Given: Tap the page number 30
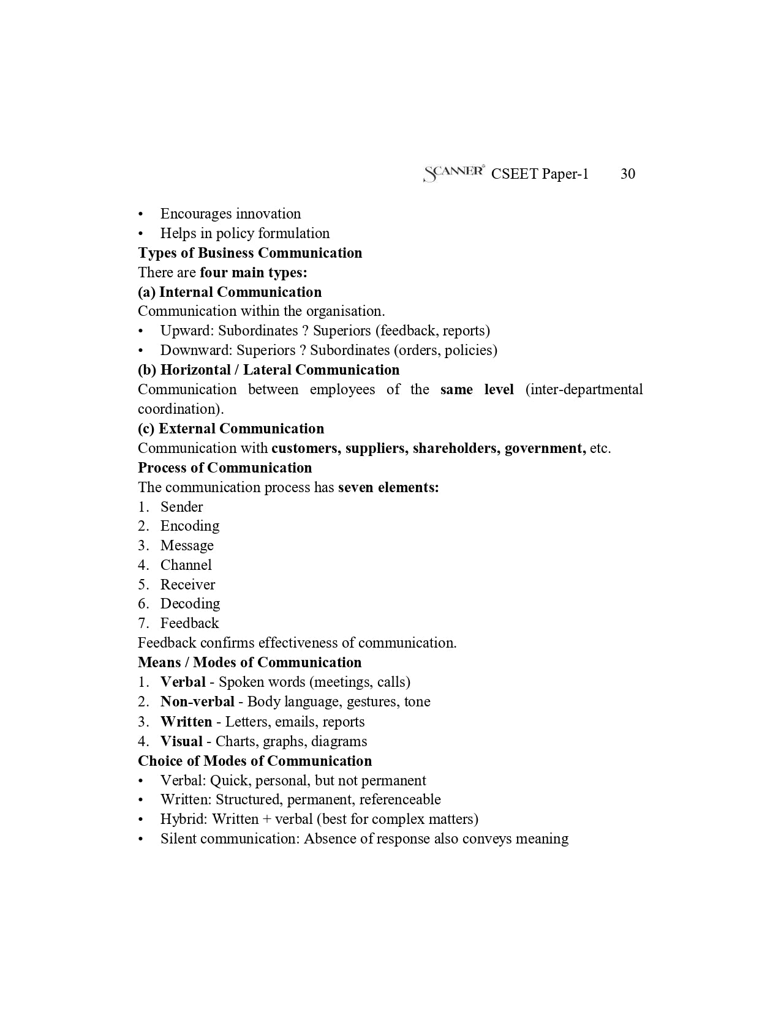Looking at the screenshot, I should tap(627, 174).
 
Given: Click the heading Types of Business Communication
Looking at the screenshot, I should tap(250, 253).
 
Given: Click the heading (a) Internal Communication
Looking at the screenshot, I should tap(230, 292).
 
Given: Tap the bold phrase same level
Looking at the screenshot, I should tap(477, 390).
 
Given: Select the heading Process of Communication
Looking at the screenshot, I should tap(225, 468).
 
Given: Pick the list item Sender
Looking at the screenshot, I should tap(181, 507).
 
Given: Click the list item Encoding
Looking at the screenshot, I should tap(189, 526).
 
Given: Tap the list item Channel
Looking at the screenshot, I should tap(186, 565).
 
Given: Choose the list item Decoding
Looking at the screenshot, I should tap(190, 604).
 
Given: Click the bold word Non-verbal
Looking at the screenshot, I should tap(197, 701).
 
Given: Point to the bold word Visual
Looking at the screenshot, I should tap(181, 741).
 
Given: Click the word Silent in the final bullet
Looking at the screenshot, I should tap(178, 839).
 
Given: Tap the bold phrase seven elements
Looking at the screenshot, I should tap(388, 487).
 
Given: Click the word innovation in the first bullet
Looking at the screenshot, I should tap(268, 214).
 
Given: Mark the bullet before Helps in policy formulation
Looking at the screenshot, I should tap(141, 234).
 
